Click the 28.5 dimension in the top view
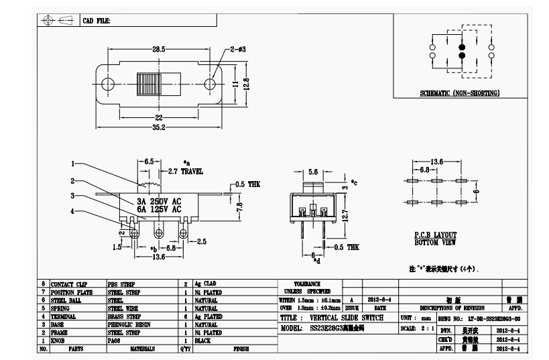point(159,51)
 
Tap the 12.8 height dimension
point(246,84)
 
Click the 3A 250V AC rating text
point(158,201)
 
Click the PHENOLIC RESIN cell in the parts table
point(129,322)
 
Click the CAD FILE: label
point(97,21)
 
